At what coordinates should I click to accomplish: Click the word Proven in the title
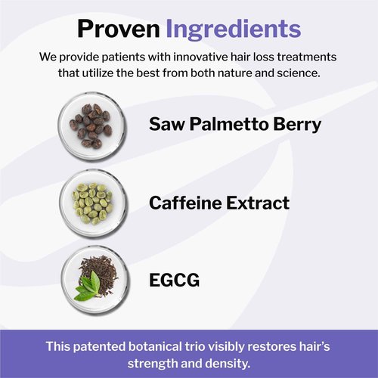click(x=118, y=29)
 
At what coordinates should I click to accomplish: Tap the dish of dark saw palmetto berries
click(x=90, y=124)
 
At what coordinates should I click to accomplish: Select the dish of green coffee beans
click(x=90, y=203)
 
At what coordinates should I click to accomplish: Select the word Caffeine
click(x=185, y=203)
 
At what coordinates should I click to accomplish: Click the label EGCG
click(x=175, y=280)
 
